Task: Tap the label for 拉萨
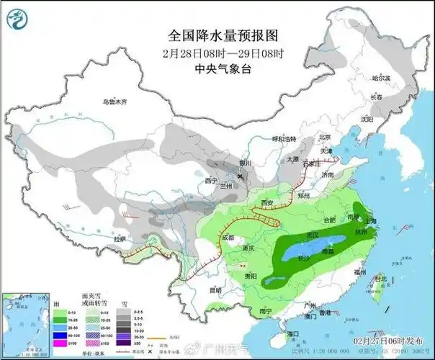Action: pyautogui.click(x=119, y=238)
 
